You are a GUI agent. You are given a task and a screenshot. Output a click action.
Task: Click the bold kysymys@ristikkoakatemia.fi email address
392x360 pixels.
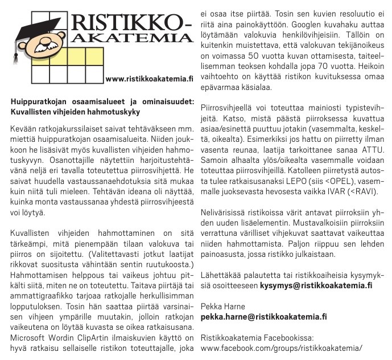tap(316, 284)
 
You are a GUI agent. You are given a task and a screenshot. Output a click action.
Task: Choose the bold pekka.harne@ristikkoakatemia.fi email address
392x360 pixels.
tap(264, 317)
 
